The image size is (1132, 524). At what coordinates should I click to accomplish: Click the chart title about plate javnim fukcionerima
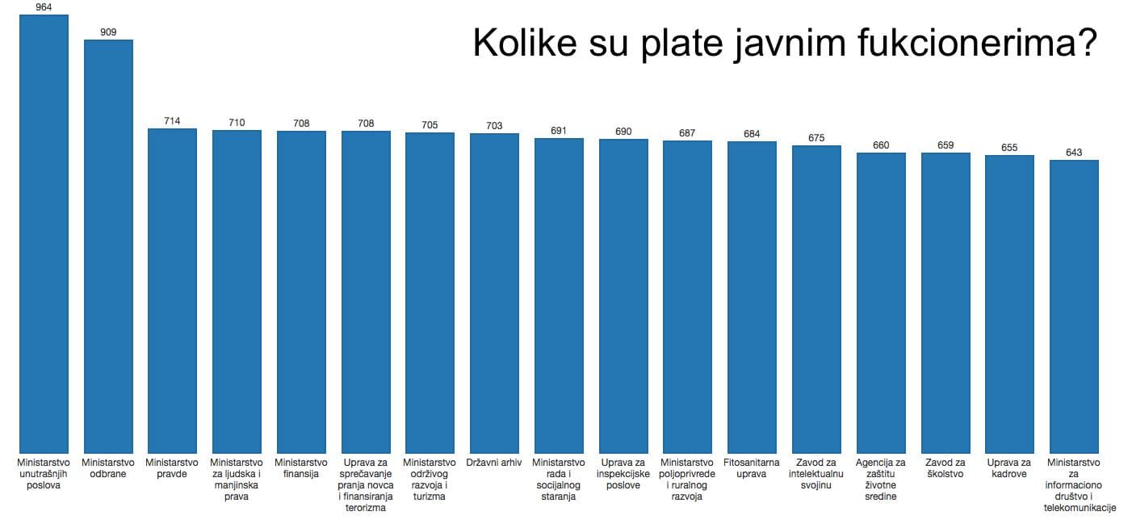(784, 44)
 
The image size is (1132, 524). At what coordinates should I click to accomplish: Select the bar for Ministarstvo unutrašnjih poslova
(44, 234)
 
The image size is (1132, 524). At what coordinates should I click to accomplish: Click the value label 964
(44, 7)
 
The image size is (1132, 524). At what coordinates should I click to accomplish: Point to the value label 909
(108, 32)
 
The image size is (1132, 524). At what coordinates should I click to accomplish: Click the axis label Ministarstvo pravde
(172, 468)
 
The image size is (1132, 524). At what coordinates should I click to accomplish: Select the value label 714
(172, 121)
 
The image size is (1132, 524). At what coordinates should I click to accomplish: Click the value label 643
(1074, 153)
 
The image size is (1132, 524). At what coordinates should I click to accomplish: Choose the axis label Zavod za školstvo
(945, 468)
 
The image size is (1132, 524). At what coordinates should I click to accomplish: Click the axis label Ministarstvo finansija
(301, 468)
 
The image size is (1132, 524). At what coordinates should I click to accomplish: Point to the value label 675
(816, 138)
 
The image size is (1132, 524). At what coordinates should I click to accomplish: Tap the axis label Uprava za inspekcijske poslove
(623, 474)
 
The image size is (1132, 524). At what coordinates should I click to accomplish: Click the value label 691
(559, 131)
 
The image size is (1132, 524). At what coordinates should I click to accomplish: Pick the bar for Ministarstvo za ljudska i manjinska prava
(237, 291)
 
